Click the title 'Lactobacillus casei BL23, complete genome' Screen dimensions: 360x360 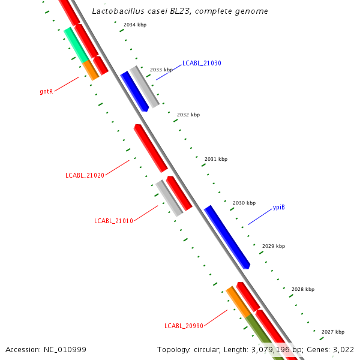[180, 11]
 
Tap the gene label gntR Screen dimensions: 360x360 [47, 92]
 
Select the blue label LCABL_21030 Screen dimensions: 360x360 [202, 63]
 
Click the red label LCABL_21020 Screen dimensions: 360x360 [85, 175]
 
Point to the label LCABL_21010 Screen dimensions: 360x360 [113, 221]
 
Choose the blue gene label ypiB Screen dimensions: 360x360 [278, 208]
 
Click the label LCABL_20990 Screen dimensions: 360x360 [184, 326]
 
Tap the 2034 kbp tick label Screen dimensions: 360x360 [134, 25]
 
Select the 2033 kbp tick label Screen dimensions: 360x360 [161, 70]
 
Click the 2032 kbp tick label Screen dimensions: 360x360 [188, 115]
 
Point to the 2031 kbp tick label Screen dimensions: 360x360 [216, 159]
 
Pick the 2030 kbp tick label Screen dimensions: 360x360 [244, 203]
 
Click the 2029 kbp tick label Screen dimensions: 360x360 [274, 246]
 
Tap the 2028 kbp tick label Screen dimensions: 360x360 [303, 289]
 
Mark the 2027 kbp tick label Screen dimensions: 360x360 [333, 332]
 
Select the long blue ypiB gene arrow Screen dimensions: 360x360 [227, 236]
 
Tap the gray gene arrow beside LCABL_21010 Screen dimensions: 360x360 [169, 197]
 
